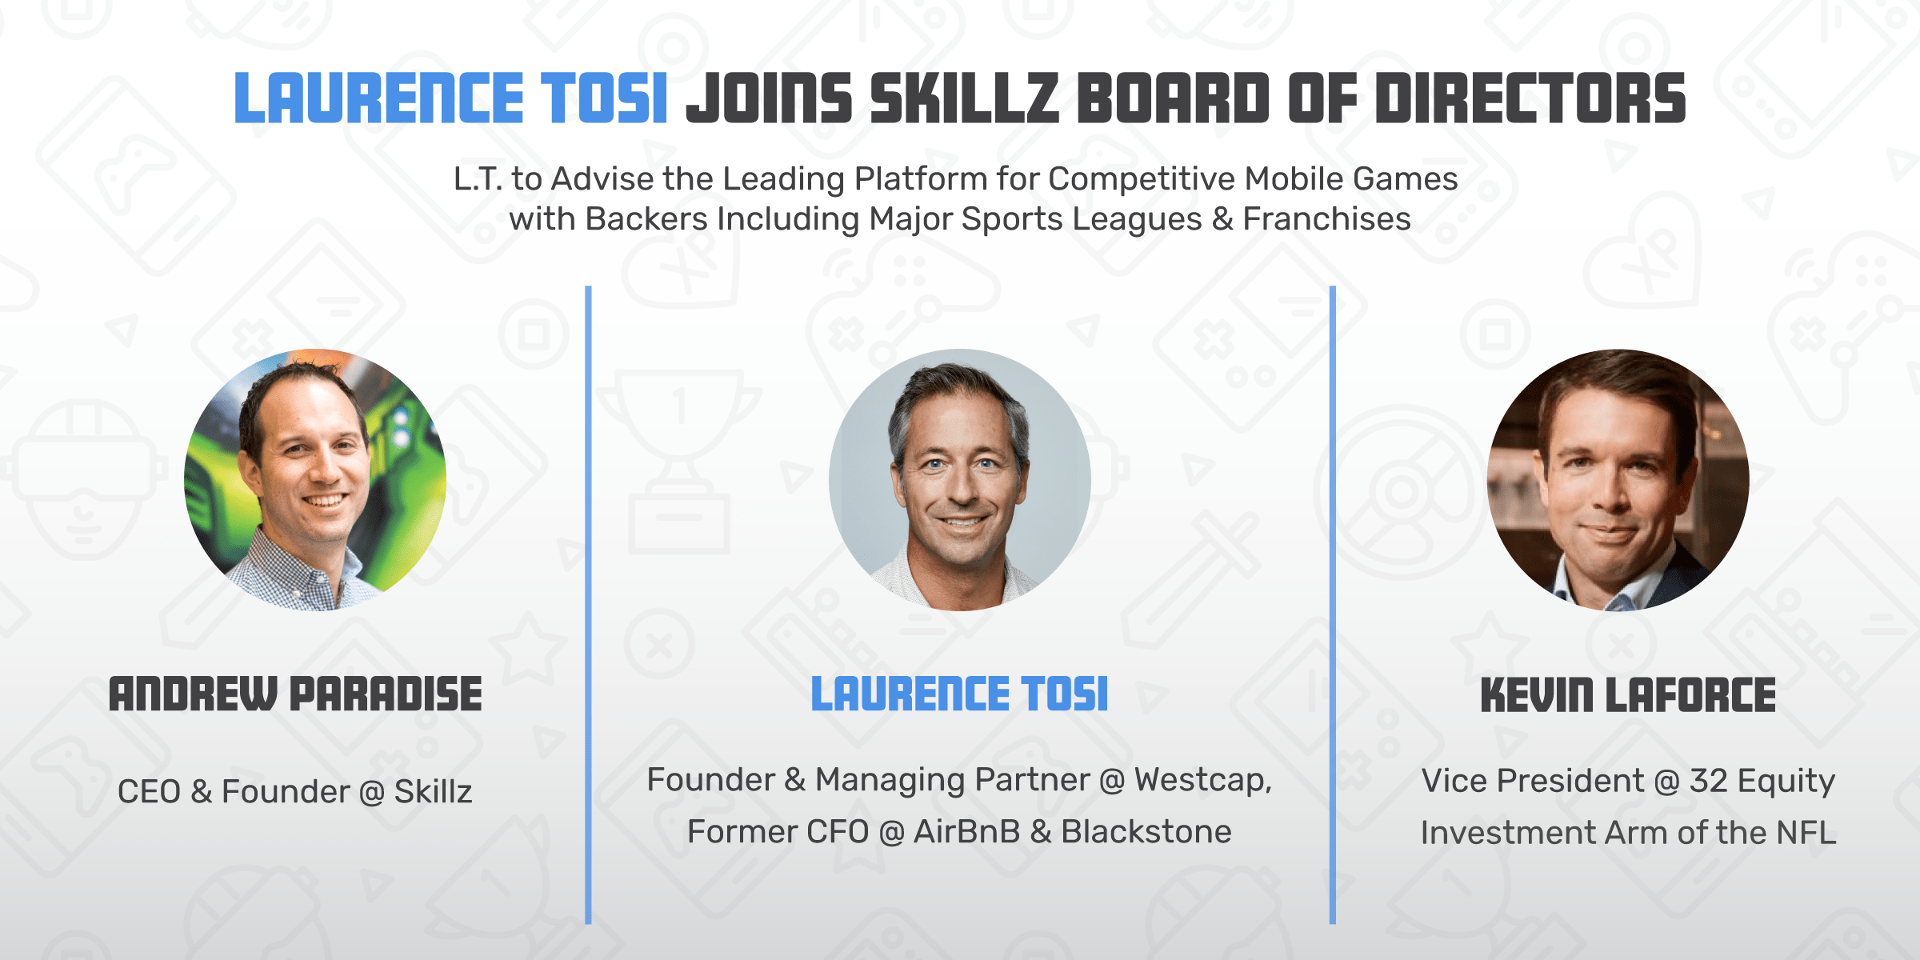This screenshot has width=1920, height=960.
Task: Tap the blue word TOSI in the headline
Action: (x=604, y=98)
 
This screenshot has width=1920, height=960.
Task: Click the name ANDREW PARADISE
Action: (x=295, y=694)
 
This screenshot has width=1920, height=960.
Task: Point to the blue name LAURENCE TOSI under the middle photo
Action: (x=959, y=694)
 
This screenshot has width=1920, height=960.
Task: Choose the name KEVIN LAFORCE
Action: (x=1628, y=694)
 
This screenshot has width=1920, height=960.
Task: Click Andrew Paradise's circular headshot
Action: (x=315, y=480)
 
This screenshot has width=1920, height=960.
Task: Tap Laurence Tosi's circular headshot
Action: (x=960, y=480)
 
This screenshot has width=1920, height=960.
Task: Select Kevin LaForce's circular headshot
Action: (x=1618, y=480)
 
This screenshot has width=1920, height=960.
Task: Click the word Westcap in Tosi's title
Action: (x=1199, y=780)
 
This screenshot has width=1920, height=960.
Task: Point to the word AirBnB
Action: (x=966, y=832)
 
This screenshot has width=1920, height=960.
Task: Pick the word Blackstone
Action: (x=1146, y=832)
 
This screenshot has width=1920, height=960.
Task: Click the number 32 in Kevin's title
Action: (x=1708, y=781)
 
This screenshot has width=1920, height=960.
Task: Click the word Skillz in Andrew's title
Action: (x=433, y=791)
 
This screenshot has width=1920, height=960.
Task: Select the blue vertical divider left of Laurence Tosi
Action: (x=588, y=605)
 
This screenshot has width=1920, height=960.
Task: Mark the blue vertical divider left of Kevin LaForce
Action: (x=1333, y=605)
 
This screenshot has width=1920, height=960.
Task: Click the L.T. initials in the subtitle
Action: (x=478, y=179)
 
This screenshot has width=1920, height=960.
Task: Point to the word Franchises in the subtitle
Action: (x=1326, y=219)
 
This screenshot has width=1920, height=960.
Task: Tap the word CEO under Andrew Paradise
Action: (x=149, y=791)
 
